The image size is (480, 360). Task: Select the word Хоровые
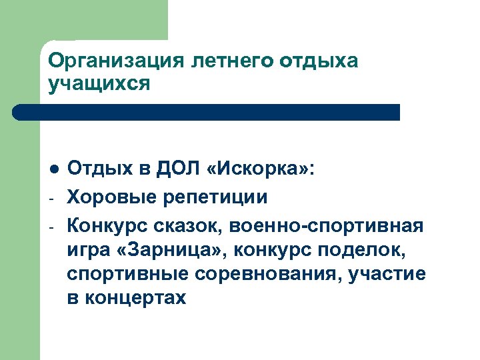coord(109,197)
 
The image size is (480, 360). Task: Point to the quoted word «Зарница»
coord(175,251)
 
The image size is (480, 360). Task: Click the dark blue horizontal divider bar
coord(207,112)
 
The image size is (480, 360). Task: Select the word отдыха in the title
coord(319,61)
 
